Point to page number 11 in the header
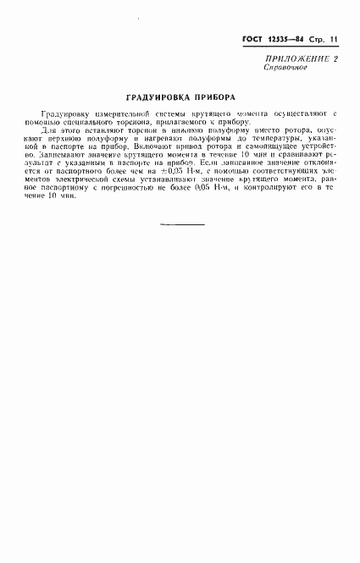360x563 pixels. point(334,40)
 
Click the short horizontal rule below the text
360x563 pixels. point(181,224)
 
